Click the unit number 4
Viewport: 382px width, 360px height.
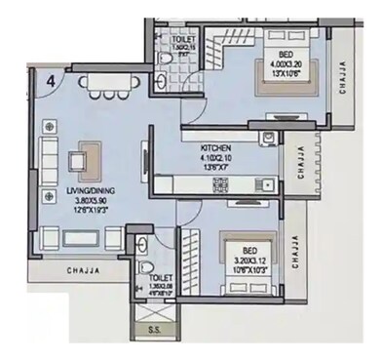click(49, 82)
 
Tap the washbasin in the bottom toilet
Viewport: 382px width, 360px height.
click(143, 242)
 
